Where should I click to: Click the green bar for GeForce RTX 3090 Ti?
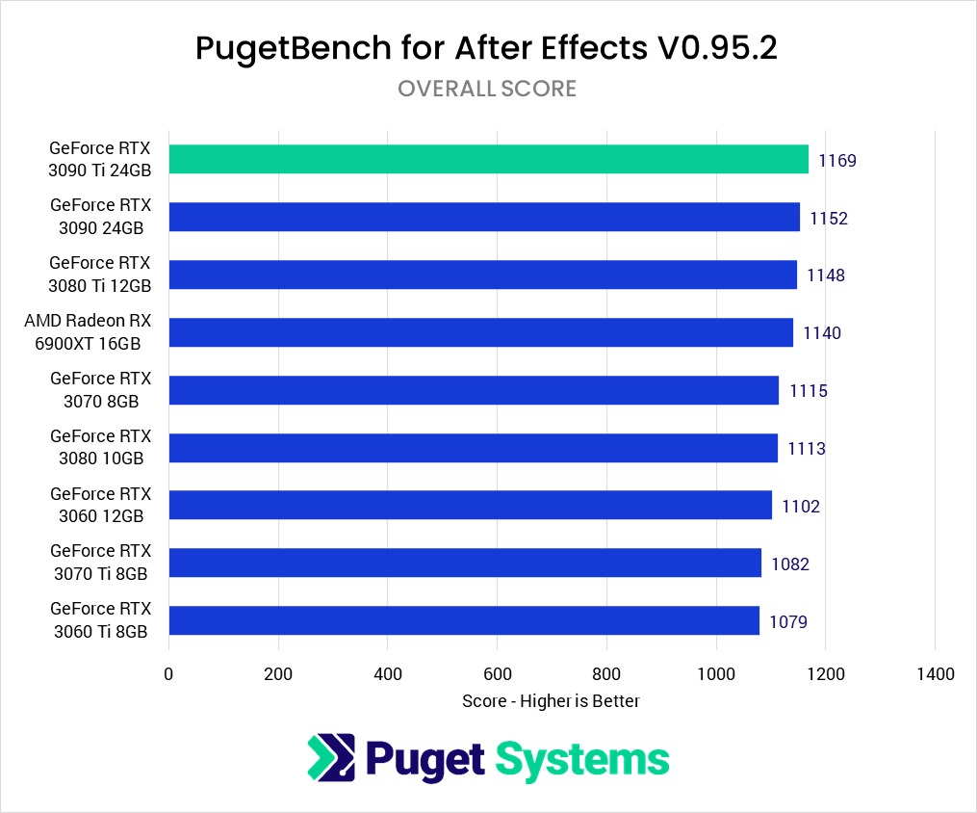tap(488, 160)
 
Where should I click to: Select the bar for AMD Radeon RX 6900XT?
tap(480, 333)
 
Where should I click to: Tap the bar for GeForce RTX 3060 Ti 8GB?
tap(464, 621)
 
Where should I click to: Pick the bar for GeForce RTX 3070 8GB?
tap(474, 390)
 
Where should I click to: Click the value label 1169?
tap(837, 161)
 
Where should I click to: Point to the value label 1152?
tap(829, 219)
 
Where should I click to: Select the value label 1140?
tap(822, 333)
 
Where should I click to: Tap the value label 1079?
tap(788, 622)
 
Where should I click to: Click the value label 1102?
tap(801, 507)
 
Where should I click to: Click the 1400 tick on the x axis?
tap(936, 674)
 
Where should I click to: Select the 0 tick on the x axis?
tap(169, 674)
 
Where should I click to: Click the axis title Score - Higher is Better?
tap(551, 701)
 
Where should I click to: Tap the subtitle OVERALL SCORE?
tap(487, 89)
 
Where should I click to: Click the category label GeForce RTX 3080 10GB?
tap(101, 448)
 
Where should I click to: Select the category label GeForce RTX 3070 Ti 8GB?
tap(100, 564)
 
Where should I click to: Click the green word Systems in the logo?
tap(582, 759)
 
